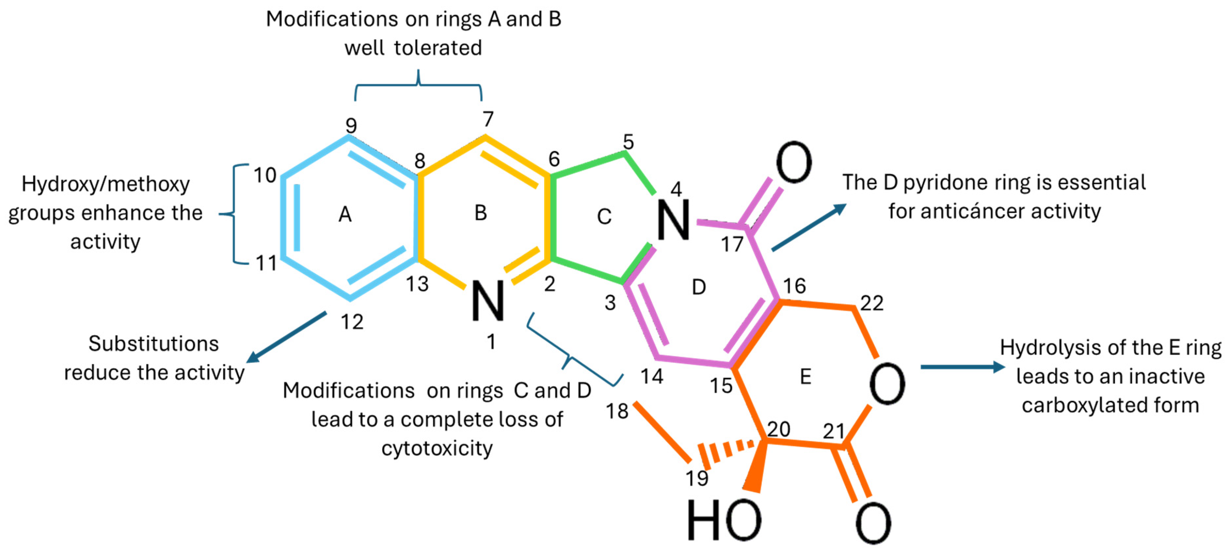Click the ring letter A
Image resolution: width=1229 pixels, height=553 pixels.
[345, 214]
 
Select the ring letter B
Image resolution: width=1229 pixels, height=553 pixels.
[480, 213]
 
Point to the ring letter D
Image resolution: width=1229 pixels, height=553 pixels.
[699, 287]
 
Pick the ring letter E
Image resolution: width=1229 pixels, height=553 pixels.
[805, 377]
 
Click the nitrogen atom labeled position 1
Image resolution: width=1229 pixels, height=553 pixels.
[487, 301]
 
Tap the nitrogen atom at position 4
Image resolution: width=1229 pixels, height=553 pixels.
[673, 220]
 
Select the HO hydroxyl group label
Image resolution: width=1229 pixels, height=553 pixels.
[723, 521]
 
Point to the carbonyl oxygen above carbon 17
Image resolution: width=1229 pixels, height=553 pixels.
[793, 163]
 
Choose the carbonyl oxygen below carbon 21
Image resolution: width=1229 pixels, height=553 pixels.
[873, 523]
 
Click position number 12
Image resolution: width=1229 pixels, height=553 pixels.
[352, 322]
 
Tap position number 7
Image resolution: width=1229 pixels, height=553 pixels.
[487, 119]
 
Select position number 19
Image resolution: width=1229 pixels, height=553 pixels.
[696, 478]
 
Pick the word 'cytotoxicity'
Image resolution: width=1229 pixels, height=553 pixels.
[437, 449]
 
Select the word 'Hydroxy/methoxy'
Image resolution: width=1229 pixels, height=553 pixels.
[106, 184]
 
